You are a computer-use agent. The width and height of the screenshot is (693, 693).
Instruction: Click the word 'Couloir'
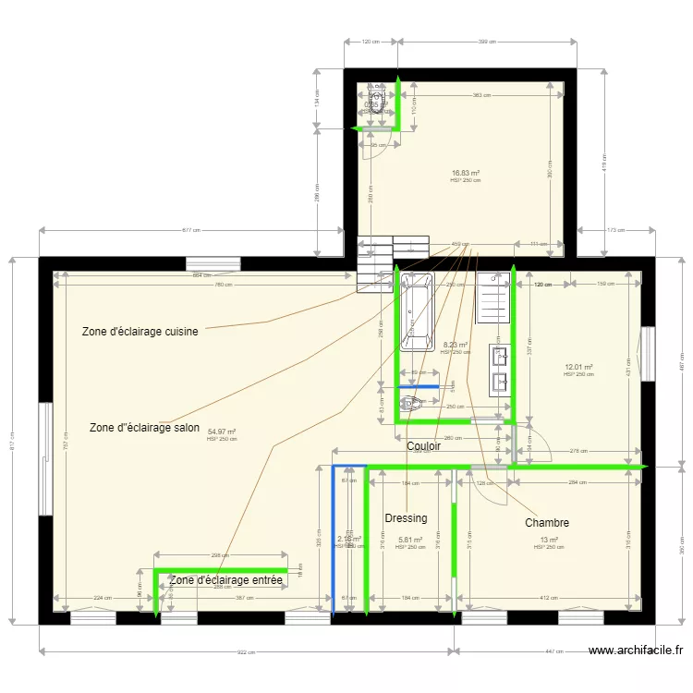click(x=423, y=446)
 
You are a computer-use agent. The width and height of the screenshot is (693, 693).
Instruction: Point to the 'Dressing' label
click(x=406, y=518)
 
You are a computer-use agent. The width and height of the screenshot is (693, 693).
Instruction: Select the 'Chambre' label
click(x=547, y=523)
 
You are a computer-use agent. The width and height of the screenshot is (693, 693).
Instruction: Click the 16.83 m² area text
click(x=466, y=173)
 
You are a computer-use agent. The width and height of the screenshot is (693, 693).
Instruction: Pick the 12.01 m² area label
click(x=577, y=367)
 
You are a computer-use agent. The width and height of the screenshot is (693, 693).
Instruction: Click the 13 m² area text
click(x=549, y=540)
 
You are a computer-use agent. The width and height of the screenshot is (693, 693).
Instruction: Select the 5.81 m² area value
click(x=410, y=540)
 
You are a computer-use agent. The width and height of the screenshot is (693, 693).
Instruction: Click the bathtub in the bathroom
click(x=417, y=312)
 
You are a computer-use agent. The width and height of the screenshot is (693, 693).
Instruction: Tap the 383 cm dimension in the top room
click(x=480, y=95)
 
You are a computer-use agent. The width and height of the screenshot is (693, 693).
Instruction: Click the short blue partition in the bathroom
click(x=419, y=386)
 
